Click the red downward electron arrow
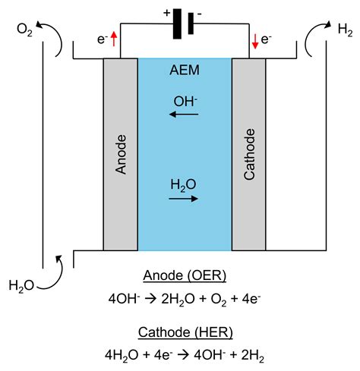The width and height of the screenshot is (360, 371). (x=254, y=39)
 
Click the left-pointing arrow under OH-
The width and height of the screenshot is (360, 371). (x=184, y=115)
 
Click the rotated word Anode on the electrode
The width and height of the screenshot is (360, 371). (x=120, y=156)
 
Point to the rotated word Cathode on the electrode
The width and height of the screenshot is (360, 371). (x=248, y=156)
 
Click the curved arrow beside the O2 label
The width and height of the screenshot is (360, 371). (x=53, y=39)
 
